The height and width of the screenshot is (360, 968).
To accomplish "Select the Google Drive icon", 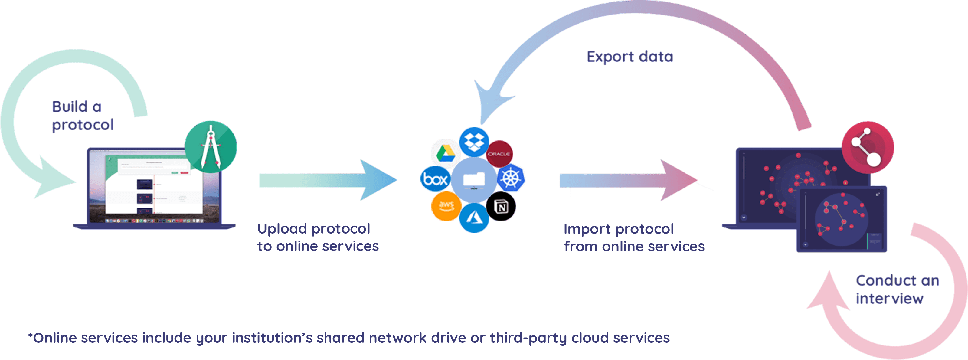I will point(446,153).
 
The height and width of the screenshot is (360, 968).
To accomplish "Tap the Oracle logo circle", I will point(499,154).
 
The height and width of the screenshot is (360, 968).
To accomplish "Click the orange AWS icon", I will point(446,206).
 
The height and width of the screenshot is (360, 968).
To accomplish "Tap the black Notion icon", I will point(501,206).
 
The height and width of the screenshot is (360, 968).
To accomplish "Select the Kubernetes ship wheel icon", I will point(511,178).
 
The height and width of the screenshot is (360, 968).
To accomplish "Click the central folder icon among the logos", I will point(473,180).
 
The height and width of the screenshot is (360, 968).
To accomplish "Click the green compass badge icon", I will point(211,147).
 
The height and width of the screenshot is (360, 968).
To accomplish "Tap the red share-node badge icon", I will point(868,147).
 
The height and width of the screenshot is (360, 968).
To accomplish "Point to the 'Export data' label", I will point(630,57).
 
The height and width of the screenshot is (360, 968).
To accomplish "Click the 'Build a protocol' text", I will point(82,116).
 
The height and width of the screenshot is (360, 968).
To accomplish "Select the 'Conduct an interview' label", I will point(897,289).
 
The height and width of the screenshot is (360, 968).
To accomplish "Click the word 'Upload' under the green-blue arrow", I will point(282,228).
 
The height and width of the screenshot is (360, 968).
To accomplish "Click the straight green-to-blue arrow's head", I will point(378,180).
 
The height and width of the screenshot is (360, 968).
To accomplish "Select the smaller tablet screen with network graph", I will point(842,219).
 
